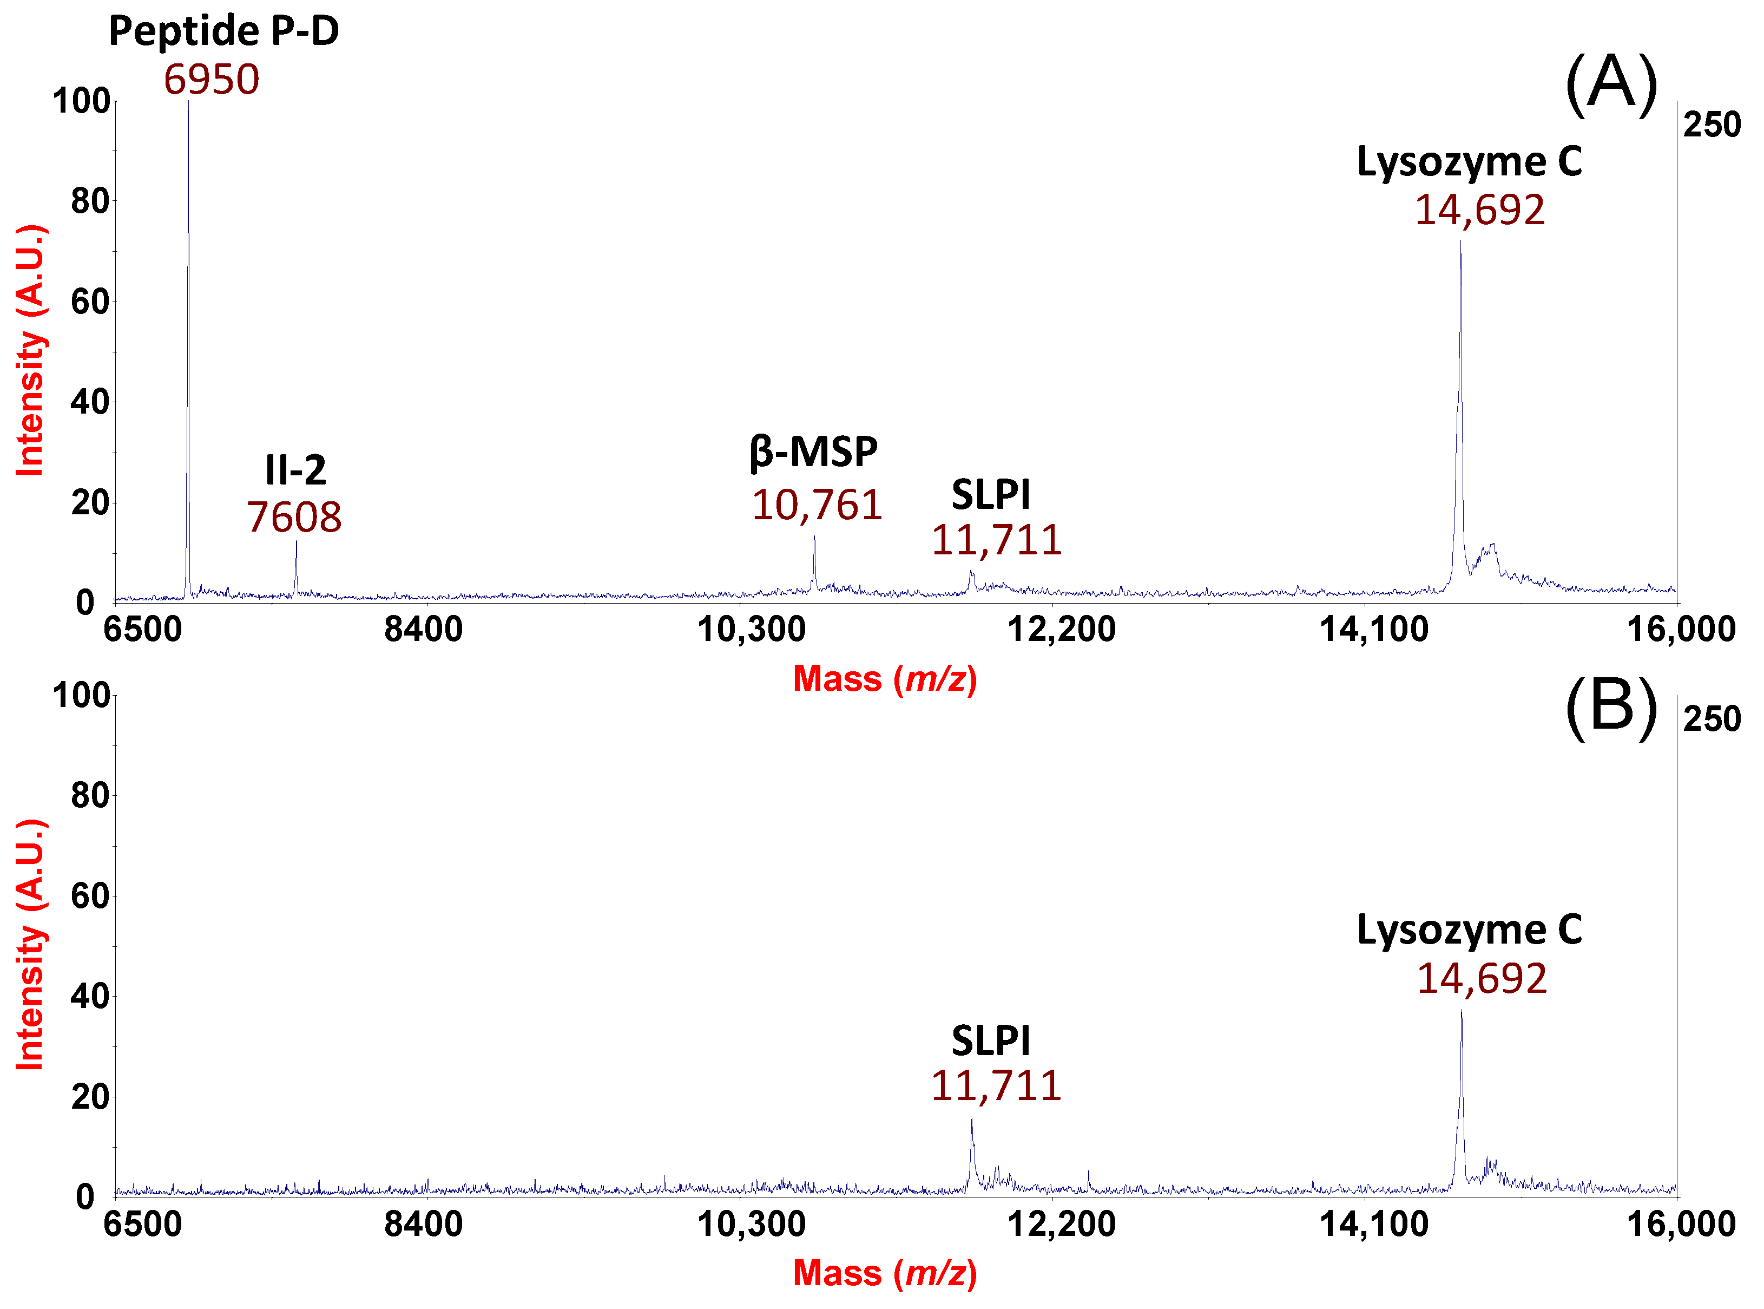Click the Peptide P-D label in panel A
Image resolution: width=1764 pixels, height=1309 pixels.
pyautogui.click(x=223, y=32)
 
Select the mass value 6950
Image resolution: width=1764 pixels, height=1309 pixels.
pyautogui.click(x=212, y=80)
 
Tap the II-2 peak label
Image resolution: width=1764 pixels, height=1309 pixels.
pyautogui.click(x=295, y=470)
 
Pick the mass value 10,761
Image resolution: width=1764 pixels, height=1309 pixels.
pyautogui.click(x=817, y=506)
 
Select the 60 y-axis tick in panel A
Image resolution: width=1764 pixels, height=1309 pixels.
pyautogui.click(x=89, y=302)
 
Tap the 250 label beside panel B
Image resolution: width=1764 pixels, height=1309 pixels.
pyautogui.click(x=1712, y=719)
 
